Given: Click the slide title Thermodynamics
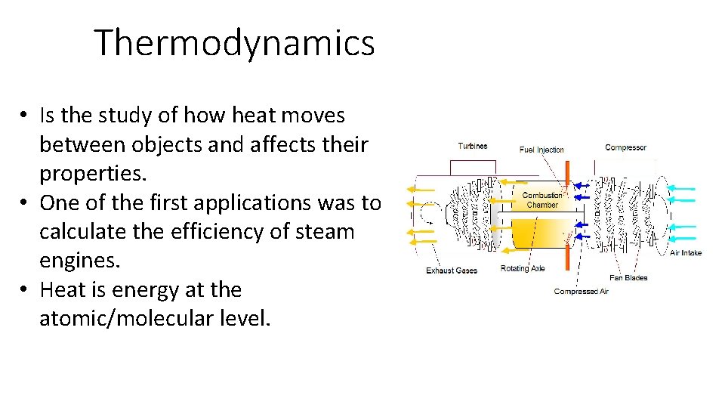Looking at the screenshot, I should tap(234, 43).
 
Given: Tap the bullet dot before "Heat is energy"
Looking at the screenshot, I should tap(26, 290).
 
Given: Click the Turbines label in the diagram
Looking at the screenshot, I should tap(473, 146).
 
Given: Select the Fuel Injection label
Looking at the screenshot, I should tap(541, 150).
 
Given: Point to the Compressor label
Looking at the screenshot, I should tap(625, 147).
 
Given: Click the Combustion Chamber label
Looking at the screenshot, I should tap(542, 200).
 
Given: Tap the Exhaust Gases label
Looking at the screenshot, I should tap(452, 270).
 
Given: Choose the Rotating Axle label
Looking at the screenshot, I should tap(523, 268).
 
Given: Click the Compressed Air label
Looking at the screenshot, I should tap(581, 292).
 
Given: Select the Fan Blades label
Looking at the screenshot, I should tap(628, 278).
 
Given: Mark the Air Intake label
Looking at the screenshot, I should tap(686, 253).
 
